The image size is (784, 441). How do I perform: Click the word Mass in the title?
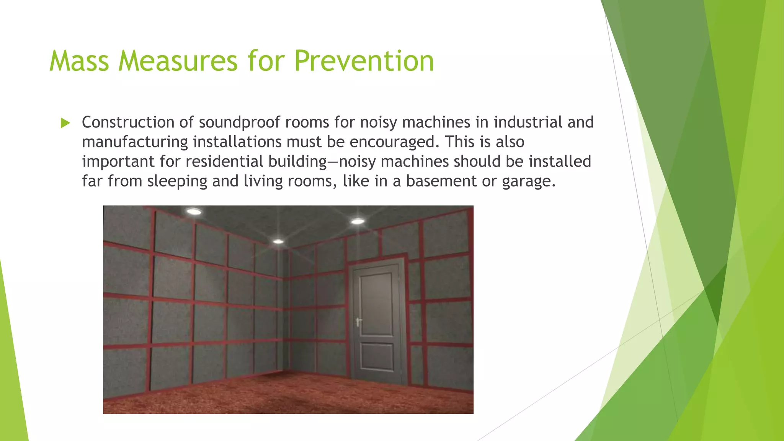point(79,61)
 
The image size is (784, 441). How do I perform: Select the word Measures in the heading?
point(178,61)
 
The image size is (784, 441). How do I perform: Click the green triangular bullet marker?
point(65,123)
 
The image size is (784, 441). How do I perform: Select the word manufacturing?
point(135,142)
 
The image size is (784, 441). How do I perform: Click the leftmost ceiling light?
point(194,211)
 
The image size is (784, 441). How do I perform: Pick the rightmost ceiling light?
point(358,221)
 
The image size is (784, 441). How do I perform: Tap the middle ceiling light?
point(278,242)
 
